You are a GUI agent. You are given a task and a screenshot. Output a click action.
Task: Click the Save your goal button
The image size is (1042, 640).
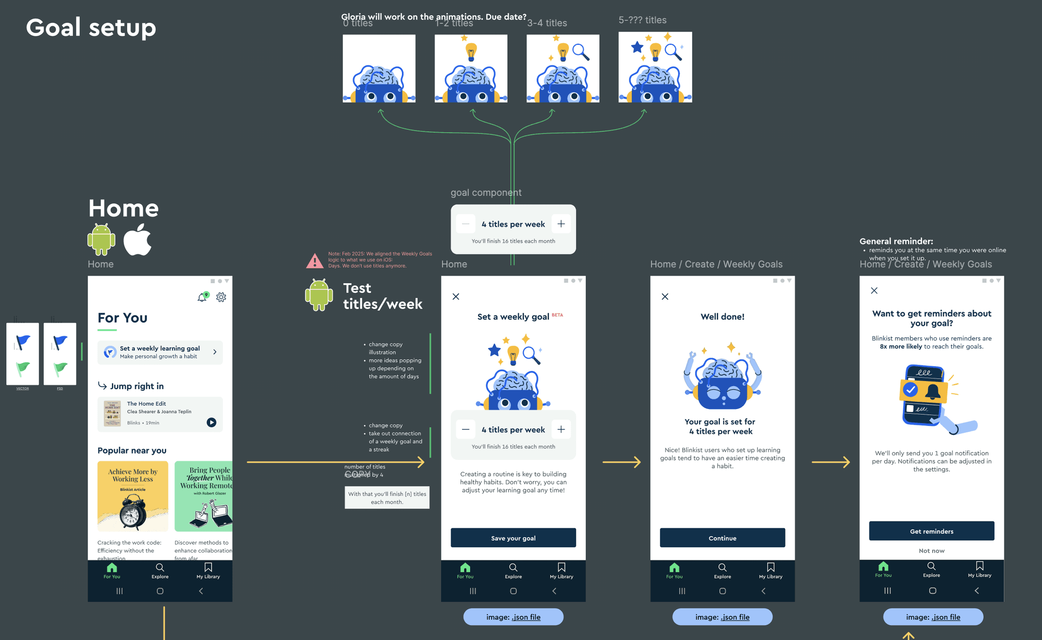coord(513,538)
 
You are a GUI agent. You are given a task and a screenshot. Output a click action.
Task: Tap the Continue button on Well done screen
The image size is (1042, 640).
coord(722,538)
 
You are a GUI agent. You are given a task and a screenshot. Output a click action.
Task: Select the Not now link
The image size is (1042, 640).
coord(931,550)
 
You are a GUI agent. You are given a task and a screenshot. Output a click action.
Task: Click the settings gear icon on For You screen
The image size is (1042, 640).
coord(221,297)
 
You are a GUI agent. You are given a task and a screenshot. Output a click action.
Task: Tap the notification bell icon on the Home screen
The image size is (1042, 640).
coord(202,297)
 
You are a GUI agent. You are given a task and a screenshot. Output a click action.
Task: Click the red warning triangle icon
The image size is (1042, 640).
coord(314,261)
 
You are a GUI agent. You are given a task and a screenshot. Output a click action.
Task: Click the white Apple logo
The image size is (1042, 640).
coord(137,240)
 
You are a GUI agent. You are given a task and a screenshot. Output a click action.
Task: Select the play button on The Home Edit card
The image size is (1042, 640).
coord(211,422)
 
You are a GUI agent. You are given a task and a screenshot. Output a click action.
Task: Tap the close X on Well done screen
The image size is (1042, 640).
coord(664,297)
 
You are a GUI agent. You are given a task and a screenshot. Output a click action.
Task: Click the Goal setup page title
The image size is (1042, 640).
coord(91,27)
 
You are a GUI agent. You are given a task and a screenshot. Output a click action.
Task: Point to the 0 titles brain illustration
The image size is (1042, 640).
coord(379,68)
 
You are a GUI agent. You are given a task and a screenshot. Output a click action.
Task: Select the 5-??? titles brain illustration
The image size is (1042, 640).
coord(655,67)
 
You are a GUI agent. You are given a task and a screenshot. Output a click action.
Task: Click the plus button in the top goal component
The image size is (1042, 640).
coord(561,224)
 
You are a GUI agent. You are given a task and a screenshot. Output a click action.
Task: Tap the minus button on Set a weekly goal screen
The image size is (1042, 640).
coord(465,429)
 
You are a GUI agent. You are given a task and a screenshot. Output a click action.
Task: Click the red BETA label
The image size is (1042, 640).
coord(557,315)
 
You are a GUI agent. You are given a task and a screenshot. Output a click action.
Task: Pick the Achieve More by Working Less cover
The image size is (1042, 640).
coord(132,496)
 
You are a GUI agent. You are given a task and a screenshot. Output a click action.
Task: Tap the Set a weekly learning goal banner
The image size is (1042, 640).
coord(160,352)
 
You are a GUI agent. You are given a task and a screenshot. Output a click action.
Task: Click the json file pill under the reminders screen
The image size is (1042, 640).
coord(933,617)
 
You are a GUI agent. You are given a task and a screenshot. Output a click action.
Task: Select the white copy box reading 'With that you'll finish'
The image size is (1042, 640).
coord(387,498)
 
